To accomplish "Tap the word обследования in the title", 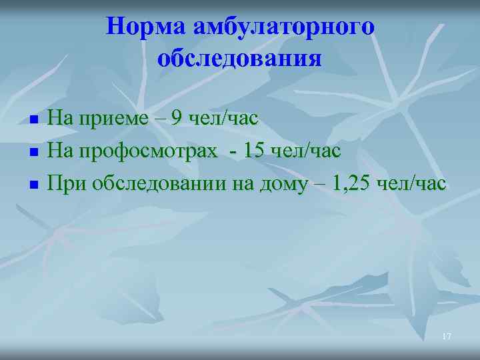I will coord(240,59).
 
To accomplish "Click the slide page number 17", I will coord(446,337).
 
